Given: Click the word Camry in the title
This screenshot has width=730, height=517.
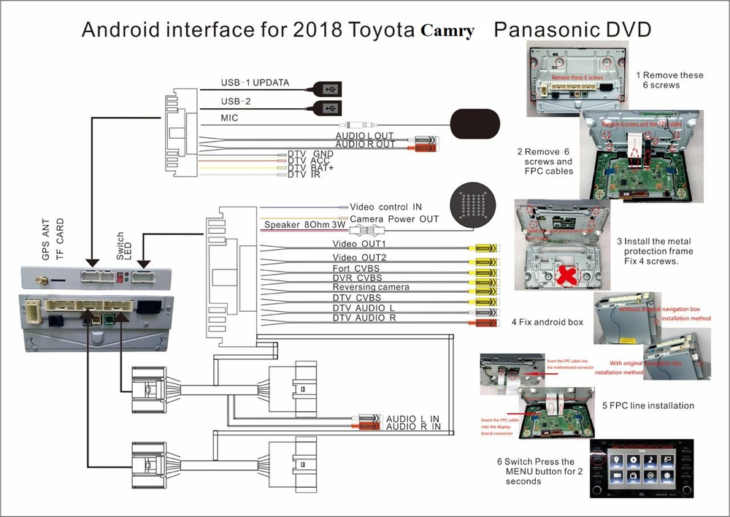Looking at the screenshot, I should tap(447, 31).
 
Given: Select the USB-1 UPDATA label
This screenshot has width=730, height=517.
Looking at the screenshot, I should tap(255, 83).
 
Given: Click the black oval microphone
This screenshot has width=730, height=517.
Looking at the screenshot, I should tap(475, 122).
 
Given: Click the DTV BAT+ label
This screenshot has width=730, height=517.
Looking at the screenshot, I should tap(310, 167).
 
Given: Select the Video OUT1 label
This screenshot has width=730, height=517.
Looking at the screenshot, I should tap(359, 244).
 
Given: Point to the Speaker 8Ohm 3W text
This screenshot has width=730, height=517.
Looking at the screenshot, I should tap(306, 226).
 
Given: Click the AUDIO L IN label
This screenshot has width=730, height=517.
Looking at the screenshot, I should tap(413, 418).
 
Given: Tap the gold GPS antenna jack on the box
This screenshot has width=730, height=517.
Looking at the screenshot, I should tap(43, 279).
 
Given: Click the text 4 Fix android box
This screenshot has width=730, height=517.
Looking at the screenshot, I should tap(547, 321).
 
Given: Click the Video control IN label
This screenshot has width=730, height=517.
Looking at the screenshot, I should tap(385, 207).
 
